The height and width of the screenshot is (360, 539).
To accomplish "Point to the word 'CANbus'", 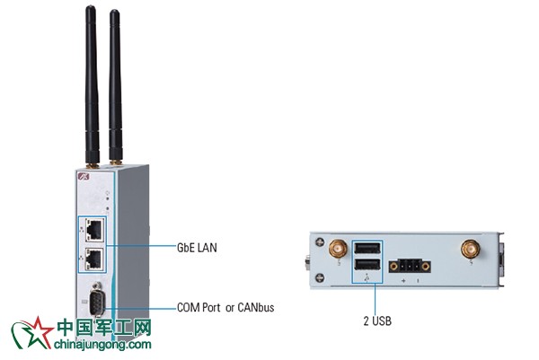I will [x=255, y=307].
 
